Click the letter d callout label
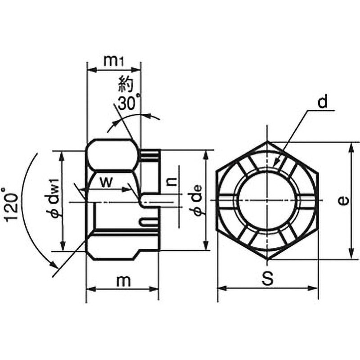tap(322, 103)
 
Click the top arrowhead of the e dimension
tap(351, 146)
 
